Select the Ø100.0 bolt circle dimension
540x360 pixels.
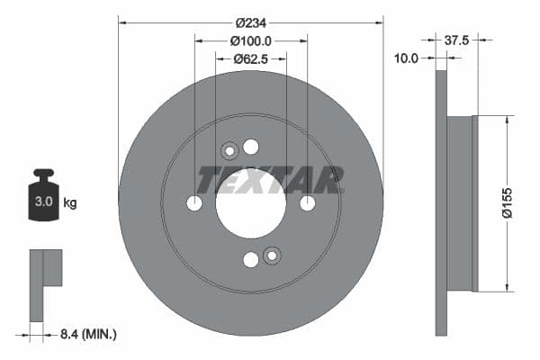251,40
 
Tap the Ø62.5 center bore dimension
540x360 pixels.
251,59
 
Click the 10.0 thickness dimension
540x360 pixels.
408,58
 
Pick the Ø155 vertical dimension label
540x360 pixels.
508,204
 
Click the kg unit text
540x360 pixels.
70,202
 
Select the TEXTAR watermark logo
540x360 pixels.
269,179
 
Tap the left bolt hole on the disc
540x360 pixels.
194,203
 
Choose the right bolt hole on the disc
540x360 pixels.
307,203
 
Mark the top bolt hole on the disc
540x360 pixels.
250,147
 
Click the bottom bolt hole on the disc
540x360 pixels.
250,259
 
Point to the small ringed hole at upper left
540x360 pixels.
229,151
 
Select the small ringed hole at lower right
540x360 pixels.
272,256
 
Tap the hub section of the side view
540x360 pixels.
461,204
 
